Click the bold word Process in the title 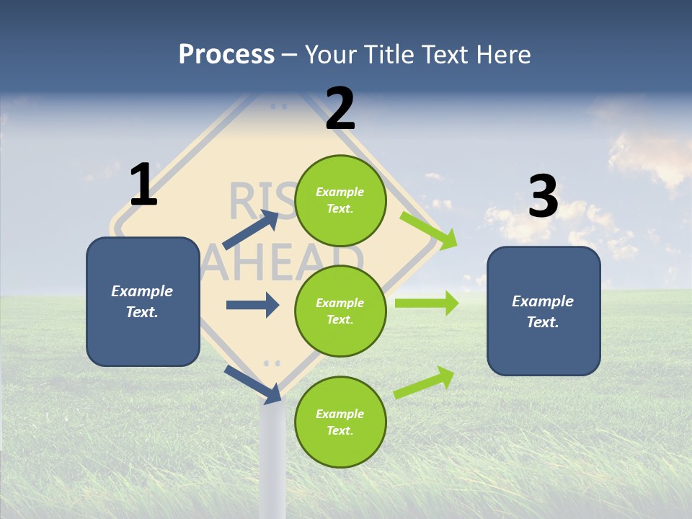point(226,55)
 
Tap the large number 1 point(143,185)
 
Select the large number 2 point(340,109)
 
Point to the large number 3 point(543,196)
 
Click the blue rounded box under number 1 point(143,301)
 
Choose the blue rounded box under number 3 point(544,311)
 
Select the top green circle point(340,200)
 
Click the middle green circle point(340,311)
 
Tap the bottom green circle point(340,422)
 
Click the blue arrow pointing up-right point(252,230)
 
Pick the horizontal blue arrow point(252,305)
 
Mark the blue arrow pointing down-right point(253,383)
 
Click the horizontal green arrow point(427,303)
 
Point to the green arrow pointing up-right point(425,383)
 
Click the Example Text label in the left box point(142,301)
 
